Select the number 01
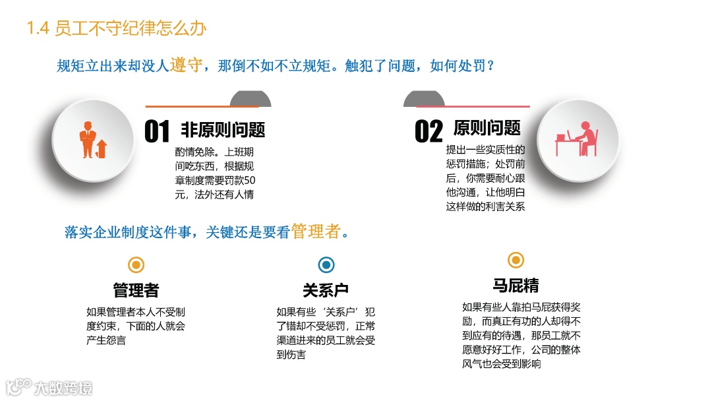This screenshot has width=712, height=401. coord(157,132)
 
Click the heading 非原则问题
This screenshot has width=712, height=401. coord(223,129)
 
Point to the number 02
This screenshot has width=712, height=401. coord(428,132)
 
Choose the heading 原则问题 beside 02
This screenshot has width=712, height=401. coord(487,128)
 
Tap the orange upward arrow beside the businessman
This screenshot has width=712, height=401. coord(102,147)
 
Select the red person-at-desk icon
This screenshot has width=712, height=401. coord(577,139)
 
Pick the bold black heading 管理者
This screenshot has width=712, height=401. coord(136,290)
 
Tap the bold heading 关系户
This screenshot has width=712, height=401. coord(326,290)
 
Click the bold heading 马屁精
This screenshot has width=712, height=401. coord(516,285)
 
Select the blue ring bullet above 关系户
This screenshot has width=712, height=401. coord(326,265)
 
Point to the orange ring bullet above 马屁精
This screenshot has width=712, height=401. coord(516,260)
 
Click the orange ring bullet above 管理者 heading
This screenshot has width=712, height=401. coord(136,265)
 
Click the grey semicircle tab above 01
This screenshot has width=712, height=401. coord(250,99)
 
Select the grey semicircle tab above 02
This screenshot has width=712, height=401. coord(423,99)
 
